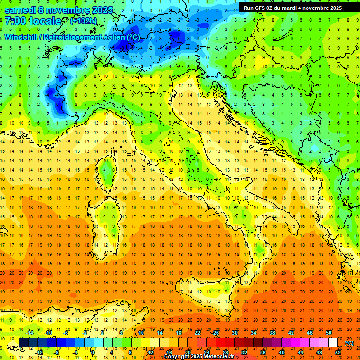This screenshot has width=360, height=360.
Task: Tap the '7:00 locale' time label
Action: click(x=33, y=21)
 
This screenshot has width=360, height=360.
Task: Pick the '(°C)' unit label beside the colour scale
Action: click(x=349, y=343)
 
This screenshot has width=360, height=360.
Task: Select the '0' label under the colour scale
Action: click(x=93, y=352)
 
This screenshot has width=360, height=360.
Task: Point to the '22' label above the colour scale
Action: click(x=197, y=333)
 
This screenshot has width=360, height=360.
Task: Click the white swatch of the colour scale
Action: click(x=333, y=342)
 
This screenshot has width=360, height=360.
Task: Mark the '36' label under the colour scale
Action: click(x=263, y=352)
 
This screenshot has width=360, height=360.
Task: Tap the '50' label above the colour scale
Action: click(x=328, y=333)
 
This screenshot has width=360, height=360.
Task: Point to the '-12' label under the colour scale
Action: click(x=39, y=352)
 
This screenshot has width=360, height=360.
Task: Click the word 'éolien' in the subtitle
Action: click(x=116, y=37)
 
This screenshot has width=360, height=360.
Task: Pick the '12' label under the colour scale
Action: click(x=150, y=352)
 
